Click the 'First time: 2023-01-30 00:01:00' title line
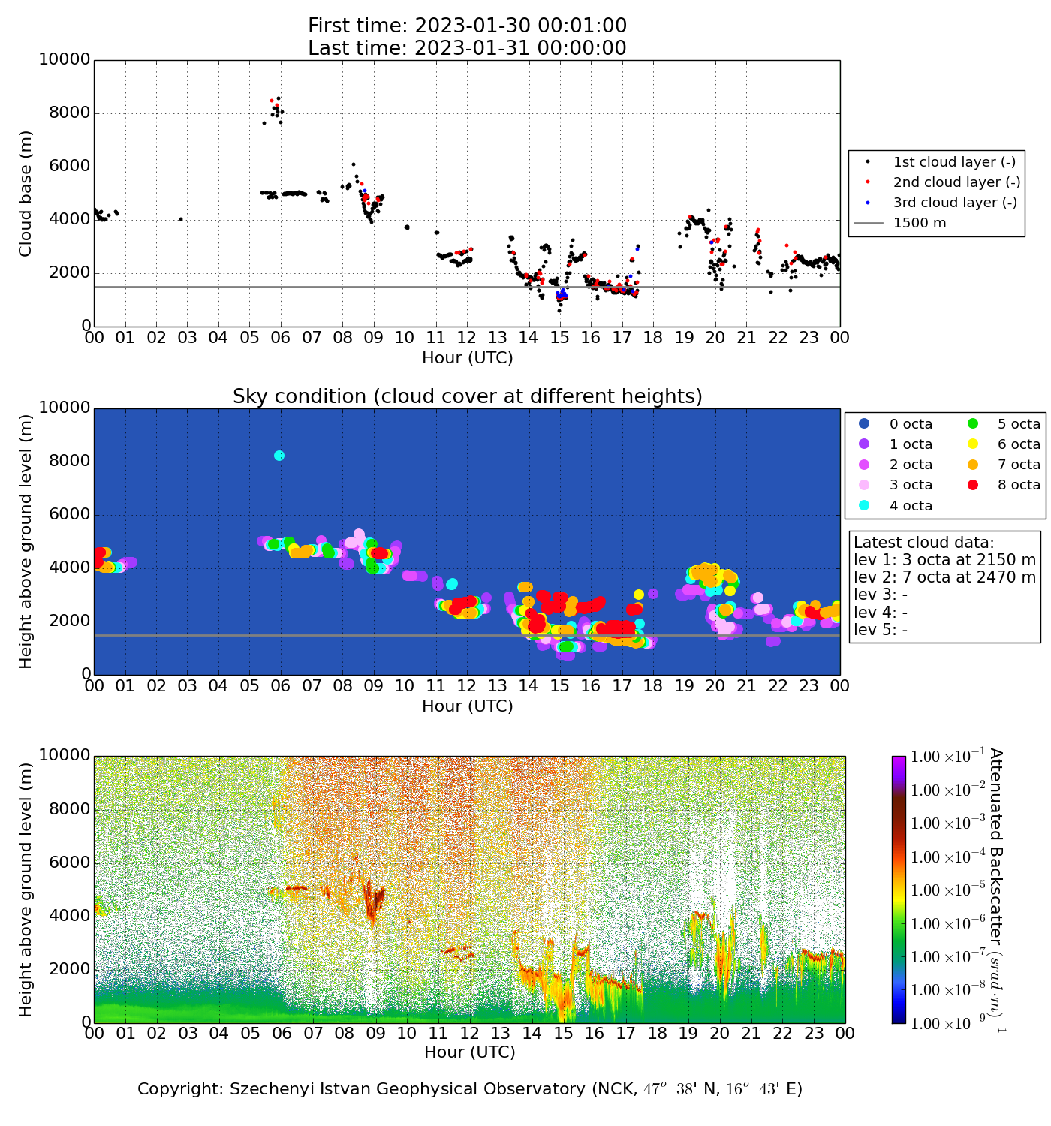(x=467, y=26)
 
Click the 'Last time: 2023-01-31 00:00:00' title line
(x=467, y=48)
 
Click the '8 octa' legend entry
(x=1019, y=485)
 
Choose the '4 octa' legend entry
(x=911, y=506)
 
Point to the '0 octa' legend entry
(x=911, y=424)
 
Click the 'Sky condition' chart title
(x=467, y=396)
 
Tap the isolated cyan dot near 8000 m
(x=279, y=456)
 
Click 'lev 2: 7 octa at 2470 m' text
(x=944, y=577)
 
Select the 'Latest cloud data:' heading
(x=923, y=543)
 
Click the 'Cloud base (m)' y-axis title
(x=26, y=193)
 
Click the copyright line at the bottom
(x=470, y=1089)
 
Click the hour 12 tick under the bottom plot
(x=469, y=1034)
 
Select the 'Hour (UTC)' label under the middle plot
(x=467, y=706)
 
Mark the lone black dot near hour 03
(x=181, y=219)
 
